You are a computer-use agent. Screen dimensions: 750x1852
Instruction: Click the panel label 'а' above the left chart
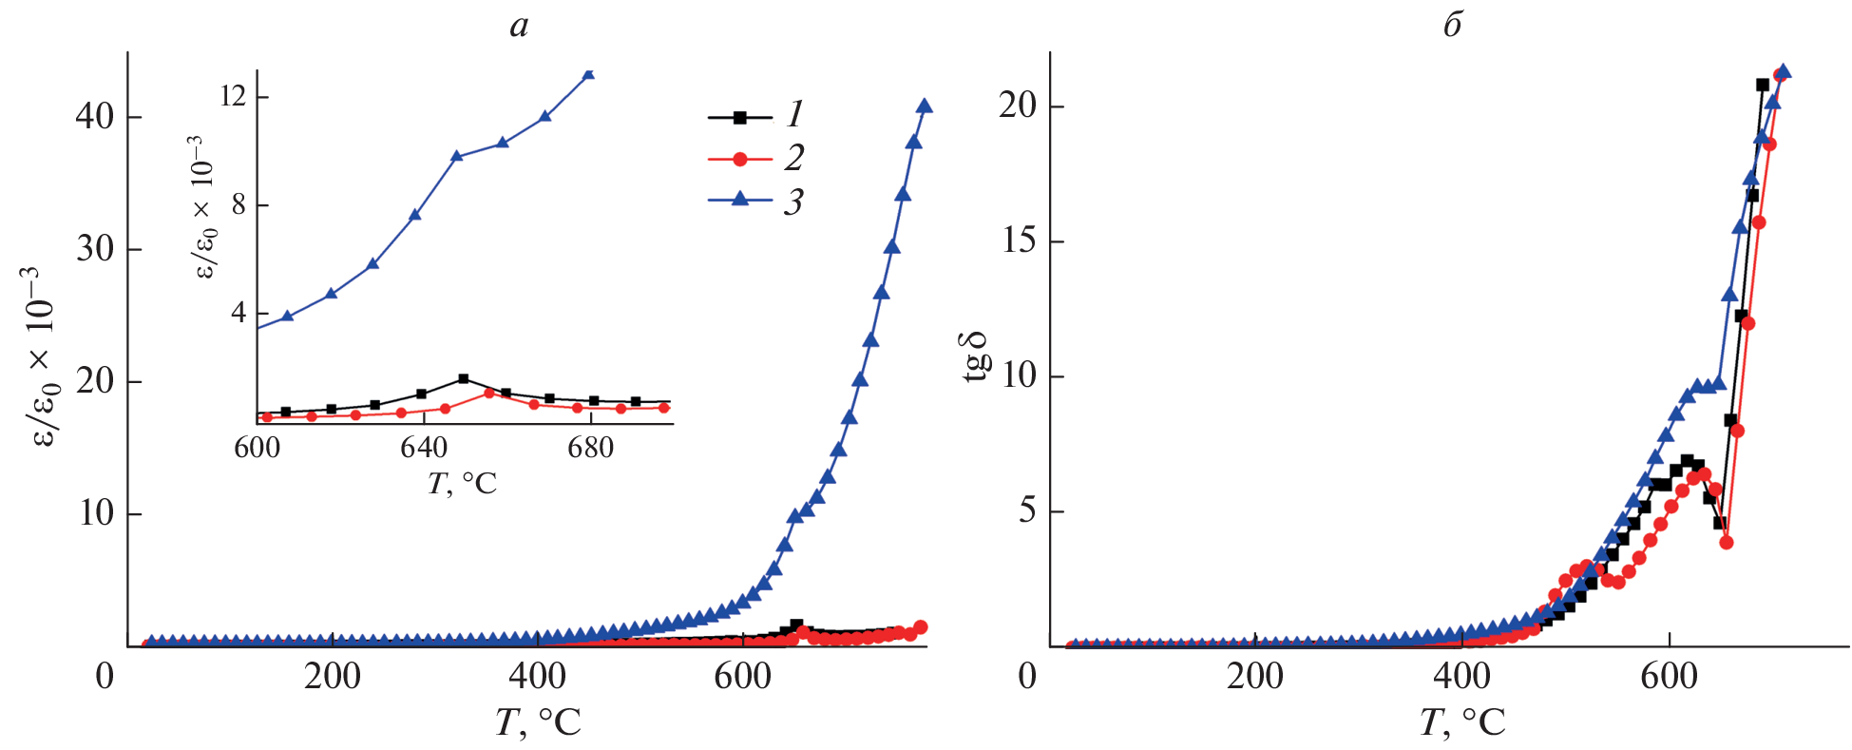tap(518, 26)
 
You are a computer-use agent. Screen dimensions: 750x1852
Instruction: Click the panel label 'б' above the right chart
tap(1451, 26)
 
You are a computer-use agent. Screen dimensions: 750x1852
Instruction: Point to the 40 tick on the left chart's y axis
tap(95, 117)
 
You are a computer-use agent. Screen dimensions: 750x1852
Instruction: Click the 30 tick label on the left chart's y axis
tap(95, 249)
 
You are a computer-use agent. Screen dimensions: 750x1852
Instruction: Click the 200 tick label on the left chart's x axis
tap(332, 677)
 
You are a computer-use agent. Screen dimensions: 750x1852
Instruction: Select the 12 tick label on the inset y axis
tap(233, 97)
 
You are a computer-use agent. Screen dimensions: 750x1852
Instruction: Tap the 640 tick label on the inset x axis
tap(424, 448)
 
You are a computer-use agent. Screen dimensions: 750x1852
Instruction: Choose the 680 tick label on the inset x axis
tap(590, 448)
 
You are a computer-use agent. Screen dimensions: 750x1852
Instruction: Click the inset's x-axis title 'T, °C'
tap(462, 484)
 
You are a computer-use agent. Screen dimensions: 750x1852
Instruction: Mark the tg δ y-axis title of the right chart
tap(976, 357)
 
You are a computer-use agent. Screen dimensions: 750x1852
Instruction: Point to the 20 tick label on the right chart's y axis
tap(1018, 106)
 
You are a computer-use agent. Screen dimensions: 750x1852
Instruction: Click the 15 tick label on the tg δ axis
tap(1018, 240)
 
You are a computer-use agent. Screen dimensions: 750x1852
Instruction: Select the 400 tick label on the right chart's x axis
tap(1461, 677)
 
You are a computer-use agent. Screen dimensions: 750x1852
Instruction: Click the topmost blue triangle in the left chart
tap(924, 106)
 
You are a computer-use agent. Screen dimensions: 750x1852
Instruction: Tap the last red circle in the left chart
tap(920, 626)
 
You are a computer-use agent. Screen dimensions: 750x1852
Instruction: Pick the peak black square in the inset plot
tap(463, 378)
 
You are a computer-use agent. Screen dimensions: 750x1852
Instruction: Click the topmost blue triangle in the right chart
tap(1784, 71)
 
